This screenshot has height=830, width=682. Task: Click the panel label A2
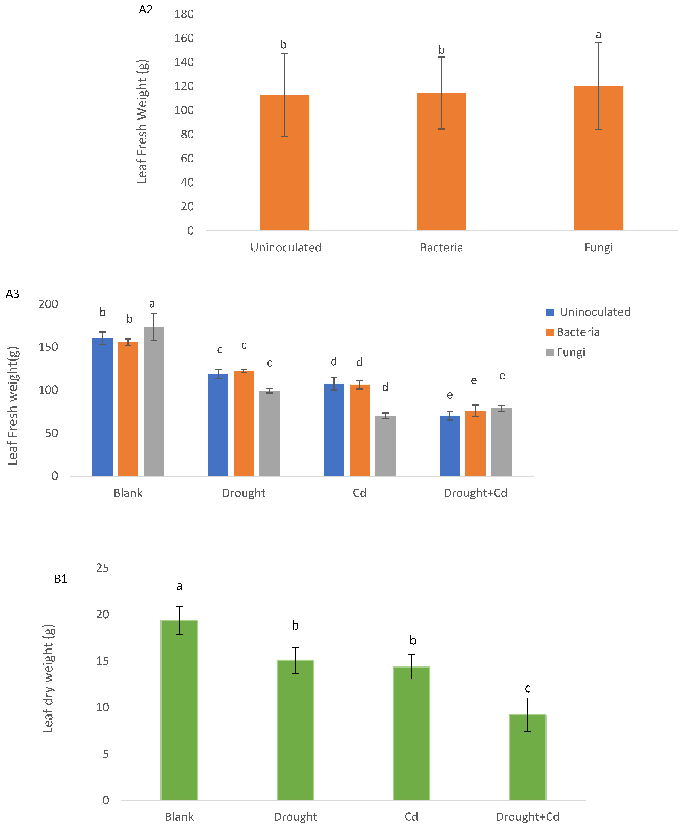146,9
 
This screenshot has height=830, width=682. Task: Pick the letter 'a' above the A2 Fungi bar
598,35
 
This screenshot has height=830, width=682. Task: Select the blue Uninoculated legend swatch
550,312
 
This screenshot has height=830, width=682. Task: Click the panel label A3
13,294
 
